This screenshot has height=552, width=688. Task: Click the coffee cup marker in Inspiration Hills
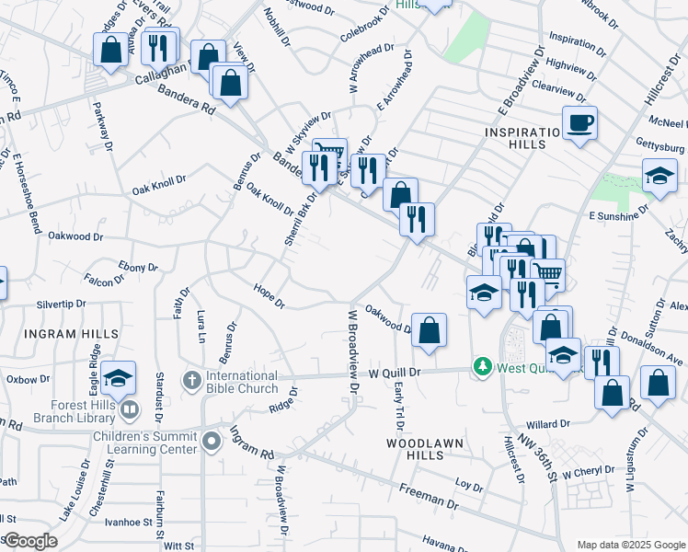click(579, 122)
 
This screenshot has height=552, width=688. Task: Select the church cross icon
click(191, 378)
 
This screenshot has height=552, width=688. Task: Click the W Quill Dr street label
click(395, 373)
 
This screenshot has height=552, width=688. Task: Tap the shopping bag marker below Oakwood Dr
click(430, 329)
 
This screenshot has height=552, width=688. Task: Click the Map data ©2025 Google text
click(630, 545)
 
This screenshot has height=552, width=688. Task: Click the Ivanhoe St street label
click(128, 523)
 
